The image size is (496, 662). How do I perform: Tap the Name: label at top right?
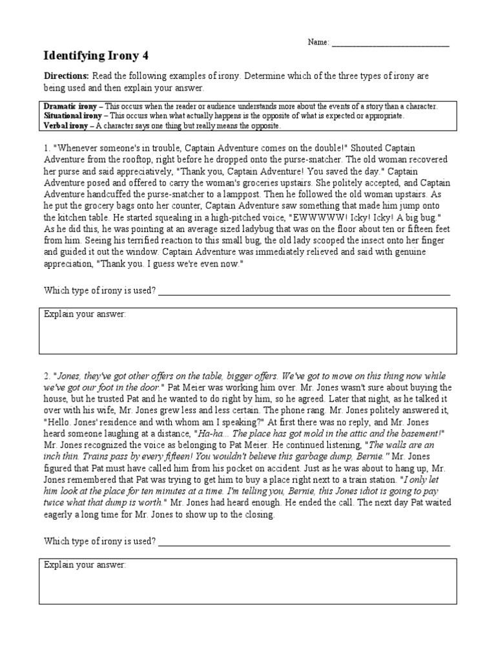318,43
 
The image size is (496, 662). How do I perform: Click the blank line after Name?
390,44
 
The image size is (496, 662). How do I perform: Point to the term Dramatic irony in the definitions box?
70,106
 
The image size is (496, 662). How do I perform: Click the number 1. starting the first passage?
47,148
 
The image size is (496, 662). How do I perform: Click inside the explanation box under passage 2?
248,585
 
